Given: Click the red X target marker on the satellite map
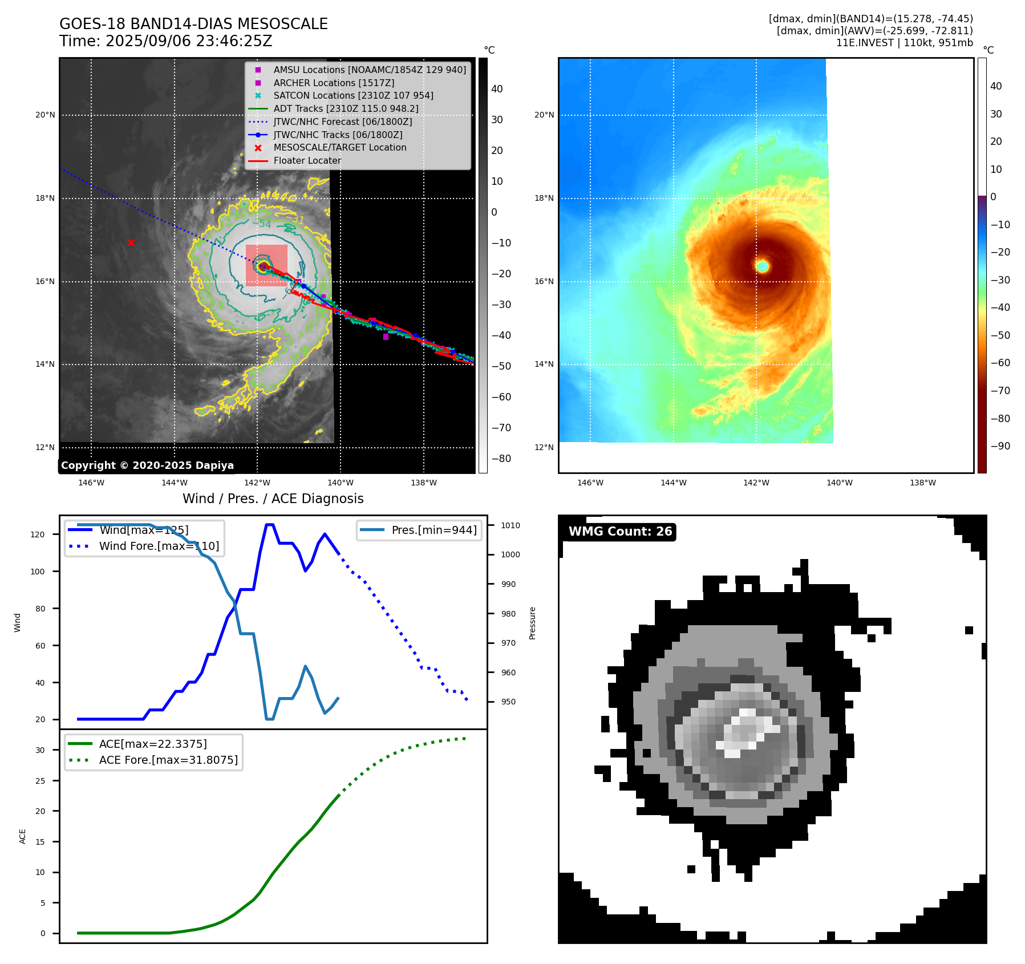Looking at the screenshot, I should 131,243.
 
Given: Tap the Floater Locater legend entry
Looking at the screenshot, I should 307,160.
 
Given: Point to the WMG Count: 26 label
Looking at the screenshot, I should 620,532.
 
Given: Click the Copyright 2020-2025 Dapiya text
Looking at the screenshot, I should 147,465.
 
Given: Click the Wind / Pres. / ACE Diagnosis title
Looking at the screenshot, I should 273,499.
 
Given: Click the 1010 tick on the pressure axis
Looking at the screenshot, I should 511,525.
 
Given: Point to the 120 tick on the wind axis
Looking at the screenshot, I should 37,534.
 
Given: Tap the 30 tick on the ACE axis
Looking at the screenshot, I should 40,750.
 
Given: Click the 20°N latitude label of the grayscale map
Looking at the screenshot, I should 46,115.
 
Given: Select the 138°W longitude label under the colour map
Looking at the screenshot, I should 922,483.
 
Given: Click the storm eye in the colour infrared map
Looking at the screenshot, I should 762,266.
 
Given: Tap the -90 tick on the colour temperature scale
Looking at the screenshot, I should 1000,446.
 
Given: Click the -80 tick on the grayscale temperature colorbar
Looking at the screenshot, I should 501,459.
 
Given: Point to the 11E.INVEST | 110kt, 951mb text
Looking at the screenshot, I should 904,43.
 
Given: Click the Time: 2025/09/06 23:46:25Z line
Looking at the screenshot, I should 165,41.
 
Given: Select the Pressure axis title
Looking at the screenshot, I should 532,623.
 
